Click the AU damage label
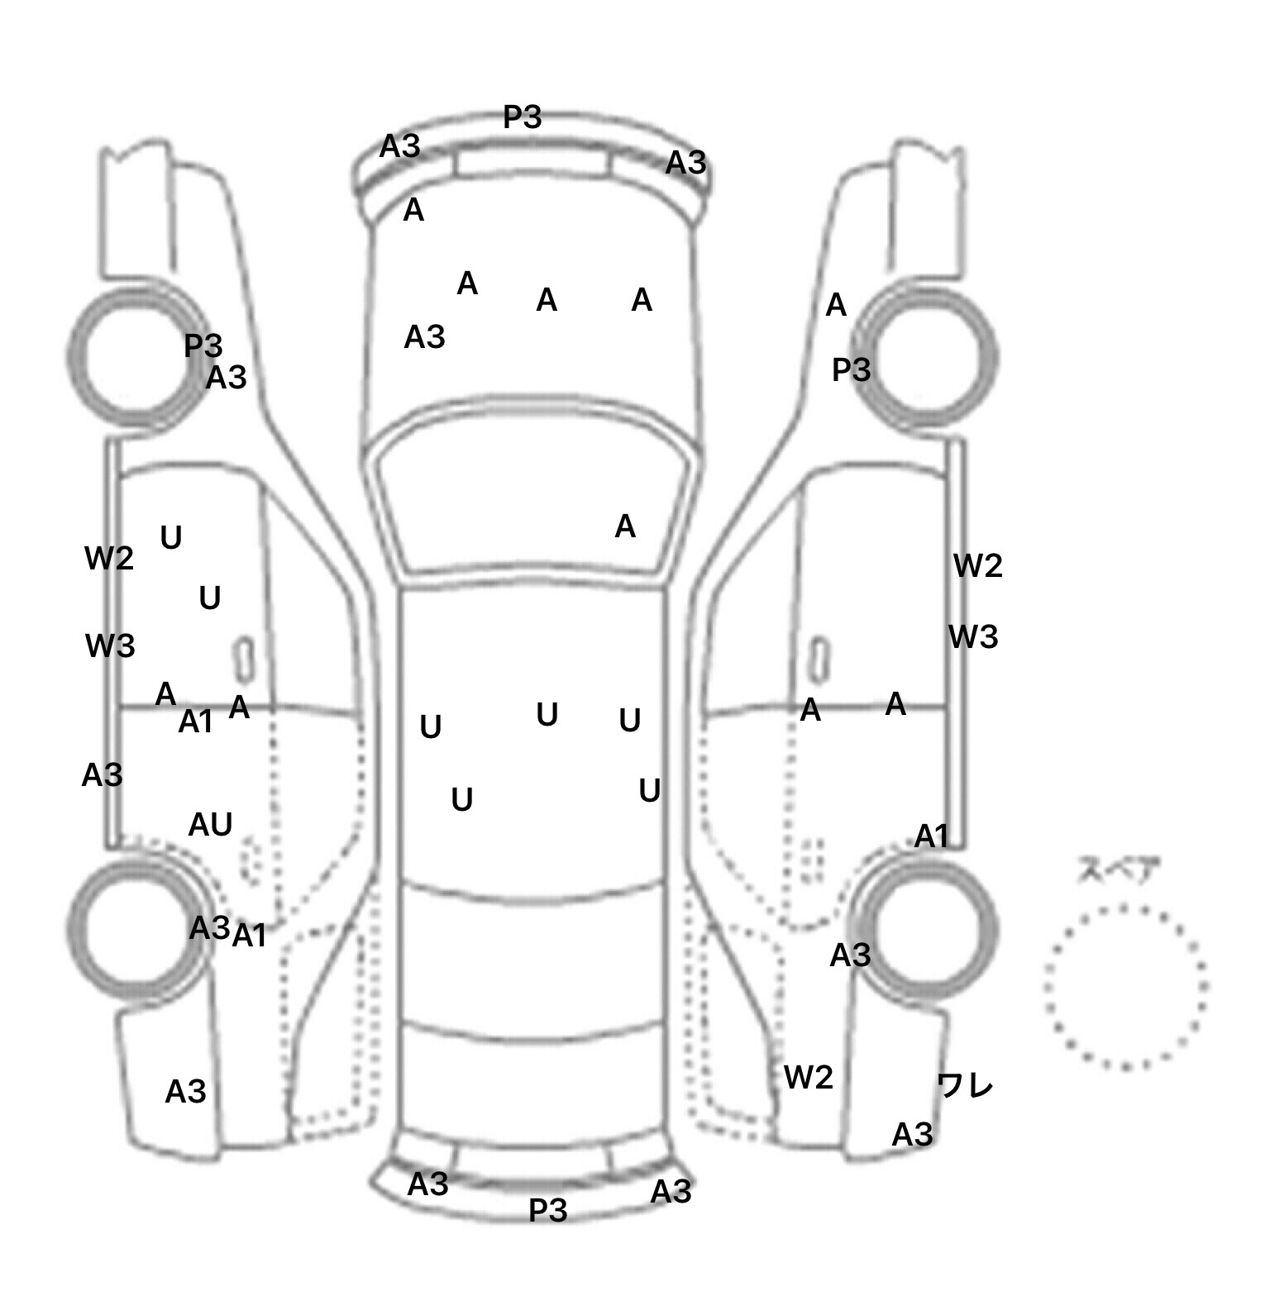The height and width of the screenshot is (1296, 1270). (x=210, y=824)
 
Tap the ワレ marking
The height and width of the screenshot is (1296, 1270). (x=965, y=1085)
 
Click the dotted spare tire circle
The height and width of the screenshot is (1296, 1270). (x=1125, y=986)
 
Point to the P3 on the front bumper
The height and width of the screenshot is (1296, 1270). (x=523, y=117)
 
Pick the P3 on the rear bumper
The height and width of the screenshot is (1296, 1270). (x=547, y=1211)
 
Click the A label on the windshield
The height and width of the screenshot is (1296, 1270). (x=625, y=526)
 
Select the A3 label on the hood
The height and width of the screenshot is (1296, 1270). (x=424, y=337)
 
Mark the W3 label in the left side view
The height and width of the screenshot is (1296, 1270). (x=110, y=646)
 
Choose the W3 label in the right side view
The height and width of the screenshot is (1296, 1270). (x=973, y=637)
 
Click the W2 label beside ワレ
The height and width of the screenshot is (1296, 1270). (x=808, y=1077)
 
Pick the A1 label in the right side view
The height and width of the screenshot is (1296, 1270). (x=931, y=836)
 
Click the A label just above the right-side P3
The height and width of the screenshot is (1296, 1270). (x=836, y=306)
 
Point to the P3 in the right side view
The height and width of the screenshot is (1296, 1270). (x=851, y=369)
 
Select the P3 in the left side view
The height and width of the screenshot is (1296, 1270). (x=203, y=345)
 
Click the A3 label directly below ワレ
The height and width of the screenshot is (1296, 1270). (x=912, y=1135)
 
